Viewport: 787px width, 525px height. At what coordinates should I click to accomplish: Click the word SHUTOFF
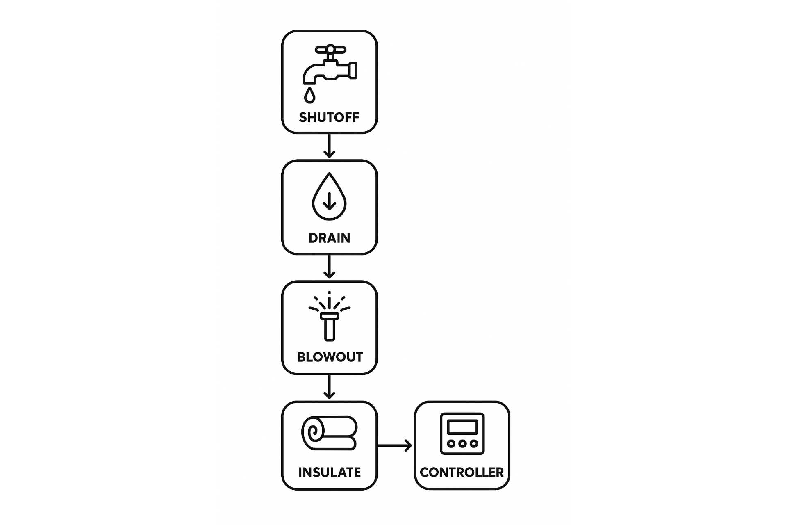329,118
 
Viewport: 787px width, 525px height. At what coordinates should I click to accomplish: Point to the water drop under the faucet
310,95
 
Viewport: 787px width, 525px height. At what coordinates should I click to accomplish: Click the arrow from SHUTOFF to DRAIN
329,146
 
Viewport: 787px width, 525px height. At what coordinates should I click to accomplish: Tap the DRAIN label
329,238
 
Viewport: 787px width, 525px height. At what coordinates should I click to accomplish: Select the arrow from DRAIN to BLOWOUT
329,267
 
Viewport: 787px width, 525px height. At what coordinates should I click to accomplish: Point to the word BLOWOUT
330,357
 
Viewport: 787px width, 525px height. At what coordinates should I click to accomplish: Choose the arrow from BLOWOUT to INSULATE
329,387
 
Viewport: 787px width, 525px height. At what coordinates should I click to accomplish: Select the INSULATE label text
330,472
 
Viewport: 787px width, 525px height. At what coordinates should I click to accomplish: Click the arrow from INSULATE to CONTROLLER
394,445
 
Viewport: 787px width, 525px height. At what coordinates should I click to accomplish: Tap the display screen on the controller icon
462,427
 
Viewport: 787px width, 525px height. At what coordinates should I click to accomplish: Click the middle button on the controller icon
462,443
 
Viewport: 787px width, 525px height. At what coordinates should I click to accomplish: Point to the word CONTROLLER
462,472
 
